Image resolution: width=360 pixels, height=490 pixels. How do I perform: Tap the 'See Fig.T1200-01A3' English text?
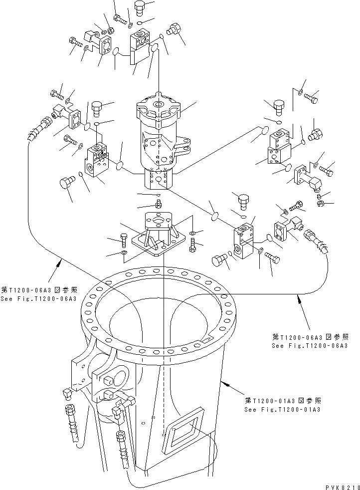point(282,409)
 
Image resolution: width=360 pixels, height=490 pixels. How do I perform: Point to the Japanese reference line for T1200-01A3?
point(283,401)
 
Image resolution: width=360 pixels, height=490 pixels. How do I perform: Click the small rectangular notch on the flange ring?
point(203,341)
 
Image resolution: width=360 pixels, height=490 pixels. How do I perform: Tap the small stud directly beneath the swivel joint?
point(159,204)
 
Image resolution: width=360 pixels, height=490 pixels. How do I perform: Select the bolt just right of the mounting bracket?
point(193,245)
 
